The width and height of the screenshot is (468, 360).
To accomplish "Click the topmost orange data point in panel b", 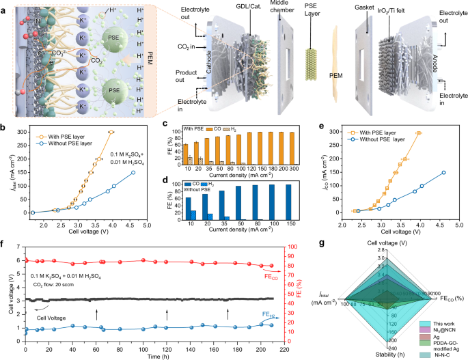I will pyautogui.click(x=111, y=132).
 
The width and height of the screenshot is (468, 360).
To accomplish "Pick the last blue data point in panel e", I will pyautogui.click(x=443, y=173).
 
